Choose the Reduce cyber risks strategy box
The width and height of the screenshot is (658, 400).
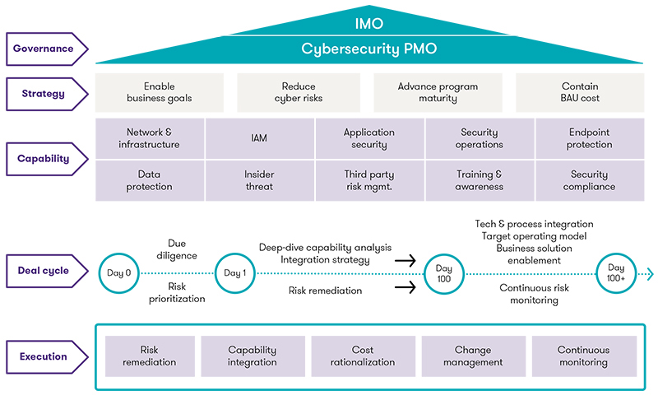coord(298,92)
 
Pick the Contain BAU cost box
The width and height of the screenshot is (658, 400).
coord(580,92)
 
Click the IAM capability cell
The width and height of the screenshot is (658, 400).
coord(260,139)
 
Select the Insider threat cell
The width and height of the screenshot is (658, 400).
coord(260,180)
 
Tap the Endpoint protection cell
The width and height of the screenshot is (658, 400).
coord(589,139)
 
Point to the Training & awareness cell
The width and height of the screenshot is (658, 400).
coord(480,180)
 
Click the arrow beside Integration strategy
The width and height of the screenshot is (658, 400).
coord(405,260)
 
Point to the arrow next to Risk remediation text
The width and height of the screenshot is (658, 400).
coord(405,288)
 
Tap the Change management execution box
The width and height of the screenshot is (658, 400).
coord(473,356)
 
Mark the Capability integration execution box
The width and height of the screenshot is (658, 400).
coord(253,356)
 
